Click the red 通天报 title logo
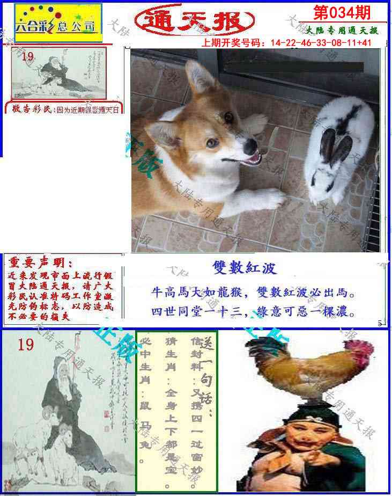click(195, 21)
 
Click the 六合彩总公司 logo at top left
click(57, 24)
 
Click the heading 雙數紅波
click(244, 268)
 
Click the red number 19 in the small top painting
click(28, 55)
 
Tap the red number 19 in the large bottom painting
click(25, 344)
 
